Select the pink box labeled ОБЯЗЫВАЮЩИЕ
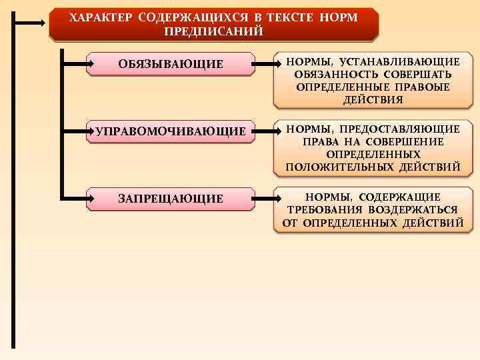click(171, 64)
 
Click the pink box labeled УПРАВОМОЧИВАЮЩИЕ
click(171, 131)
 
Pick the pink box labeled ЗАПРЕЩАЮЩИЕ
click(171, 198)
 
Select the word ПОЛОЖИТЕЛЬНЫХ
click(339, 167)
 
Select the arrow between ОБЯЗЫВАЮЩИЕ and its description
click(265, 64)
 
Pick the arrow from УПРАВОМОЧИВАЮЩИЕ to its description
click(265, 131)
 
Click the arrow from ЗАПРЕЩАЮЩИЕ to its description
click(265, 198)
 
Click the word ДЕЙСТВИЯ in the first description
click(373, 99)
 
